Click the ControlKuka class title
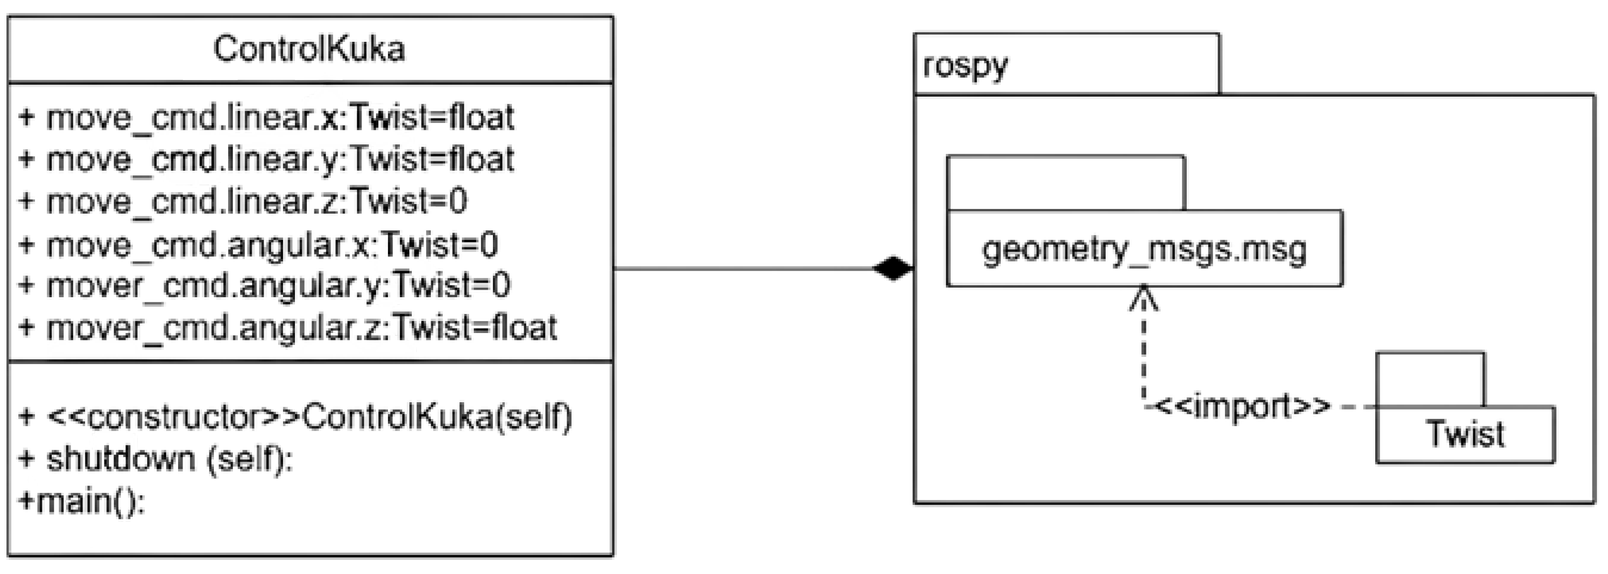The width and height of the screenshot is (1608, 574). [x=309, y=49]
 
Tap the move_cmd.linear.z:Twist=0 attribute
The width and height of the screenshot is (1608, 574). [x=243, y=202]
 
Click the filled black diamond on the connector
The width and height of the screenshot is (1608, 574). [x=893, y=269]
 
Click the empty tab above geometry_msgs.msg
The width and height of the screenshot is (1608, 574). [x=1065, y=183]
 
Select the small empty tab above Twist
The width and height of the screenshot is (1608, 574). [x=1430, y=379]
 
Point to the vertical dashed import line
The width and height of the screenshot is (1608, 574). [x=1143, y=356]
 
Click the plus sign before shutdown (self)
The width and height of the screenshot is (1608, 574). [x=26, y=459]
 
